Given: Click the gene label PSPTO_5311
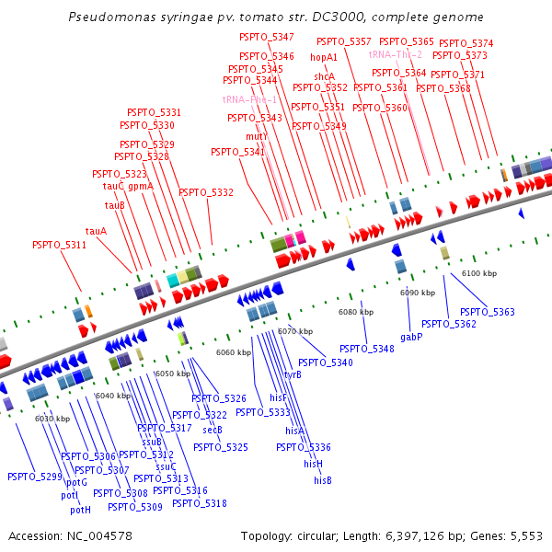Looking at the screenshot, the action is coord(59,245).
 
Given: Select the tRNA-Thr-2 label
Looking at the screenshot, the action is coord(396,55).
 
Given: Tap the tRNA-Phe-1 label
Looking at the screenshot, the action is coord(249,99).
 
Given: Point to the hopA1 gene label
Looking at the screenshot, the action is coord(325,57).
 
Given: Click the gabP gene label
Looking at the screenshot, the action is coord(411,338).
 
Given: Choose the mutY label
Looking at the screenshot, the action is coord(256,136).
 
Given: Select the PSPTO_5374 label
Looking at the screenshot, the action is coord(466,43).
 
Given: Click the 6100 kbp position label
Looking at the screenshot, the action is coord(478,274).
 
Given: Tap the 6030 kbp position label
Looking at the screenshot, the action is coord(52,419).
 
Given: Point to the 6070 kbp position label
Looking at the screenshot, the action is coord(295,331).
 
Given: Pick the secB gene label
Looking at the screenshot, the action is coord(213,430).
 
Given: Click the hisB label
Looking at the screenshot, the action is coord(322,480).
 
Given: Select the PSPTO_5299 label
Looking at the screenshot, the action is coord(34,477).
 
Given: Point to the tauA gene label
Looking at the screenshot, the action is coord(96,231).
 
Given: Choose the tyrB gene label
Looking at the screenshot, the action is coord(293,374).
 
